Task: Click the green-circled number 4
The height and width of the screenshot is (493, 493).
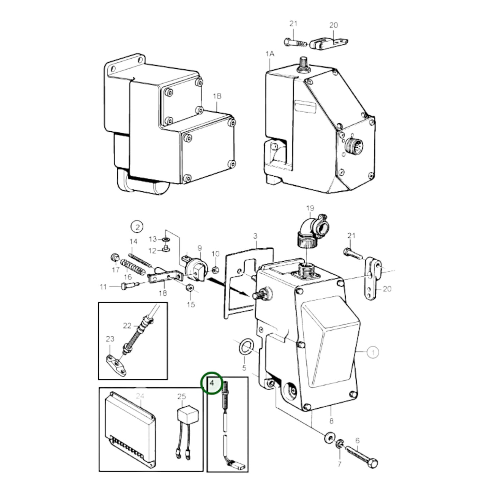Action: click(x=212, y=383)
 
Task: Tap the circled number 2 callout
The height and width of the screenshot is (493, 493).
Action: click(x=137, y=227)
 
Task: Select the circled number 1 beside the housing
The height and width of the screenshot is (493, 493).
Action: click(x=373, y=352)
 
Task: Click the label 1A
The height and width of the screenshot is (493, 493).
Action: click(x=270, y=54)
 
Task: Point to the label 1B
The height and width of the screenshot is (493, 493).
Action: click(x=217, y=96)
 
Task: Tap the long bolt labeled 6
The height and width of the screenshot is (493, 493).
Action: click(x=362, y=456)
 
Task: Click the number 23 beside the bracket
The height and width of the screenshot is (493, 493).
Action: click(x=110, y=339)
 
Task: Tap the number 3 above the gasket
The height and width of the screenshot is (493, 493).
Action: click(x=255, y=236)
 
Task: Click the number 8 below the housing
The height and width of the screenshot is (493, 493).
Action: click(x=331, y=421)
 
